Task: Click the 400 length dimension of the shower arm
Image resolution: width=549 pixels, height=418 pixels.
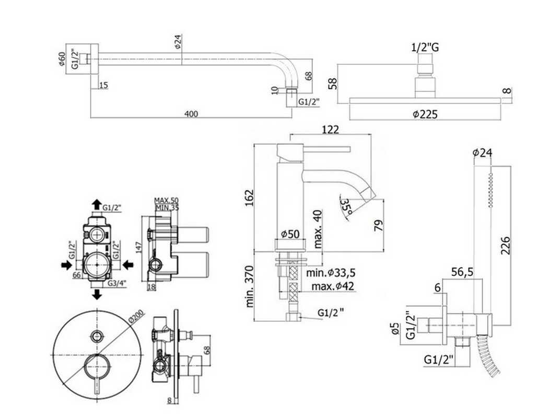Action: (x=191, y=114)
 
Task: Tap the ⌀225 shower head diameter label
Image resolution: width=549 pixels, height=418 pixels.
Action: (x=425, y=114)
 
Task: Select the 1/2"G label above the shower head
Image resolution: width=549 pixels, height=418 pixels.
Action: (x=425, y=48)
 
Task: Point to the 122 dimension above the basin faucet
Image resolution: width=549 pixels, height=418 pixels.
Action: (x=330, y=130)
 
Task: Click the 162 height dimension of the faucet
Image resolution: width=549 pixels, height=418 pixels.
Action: (x=249, y=198)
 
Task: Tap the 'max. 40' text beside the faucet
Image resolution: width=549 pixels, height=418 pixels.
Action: (x=318, y=229)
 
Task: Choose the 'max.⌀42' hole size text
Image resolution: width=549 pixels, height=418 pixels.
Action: (x=333, y=286)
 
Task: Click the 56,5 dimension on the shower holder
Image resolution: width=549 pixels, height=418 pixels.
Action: (x=462, y=272)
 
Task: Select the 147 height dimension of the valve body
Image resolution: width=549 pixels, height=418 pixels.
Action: (x=138, y=248)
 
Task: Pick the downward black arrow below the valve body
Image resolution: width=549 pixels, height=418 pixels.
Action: (x=97, y=294)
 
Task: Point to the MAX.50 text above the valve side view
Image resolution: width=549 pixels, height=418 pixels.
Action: (x=166, y=201)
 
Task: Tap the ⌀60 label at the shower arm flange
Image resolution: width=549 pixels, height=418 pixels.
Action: (x=62, y=60)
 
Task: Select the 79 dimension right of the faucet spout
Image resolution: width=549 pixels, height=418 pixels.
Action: (x=379, y=225)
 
